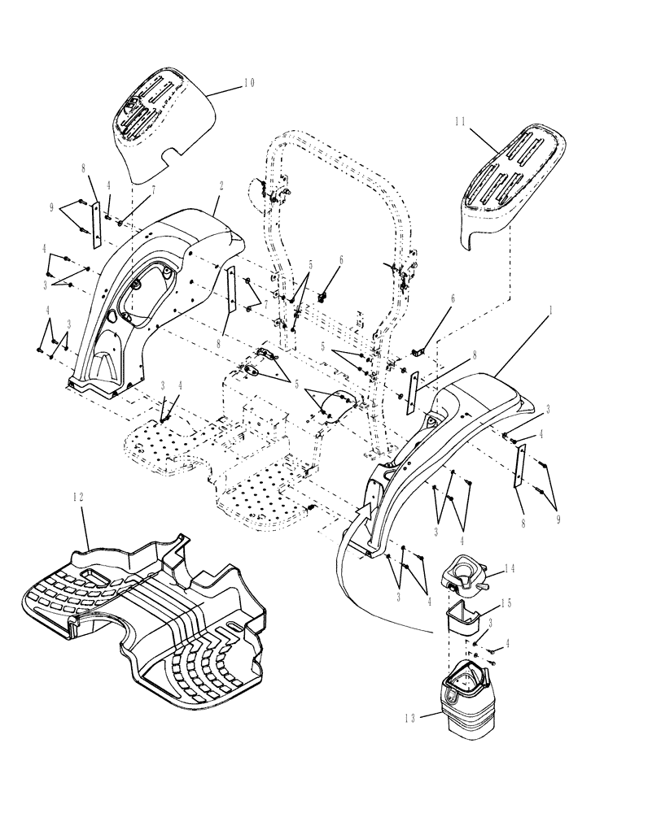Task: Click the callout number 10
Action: coord(248,82)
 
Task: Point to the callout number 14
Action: coord(509,569)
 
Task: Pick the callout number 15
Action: coord(509,604)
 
